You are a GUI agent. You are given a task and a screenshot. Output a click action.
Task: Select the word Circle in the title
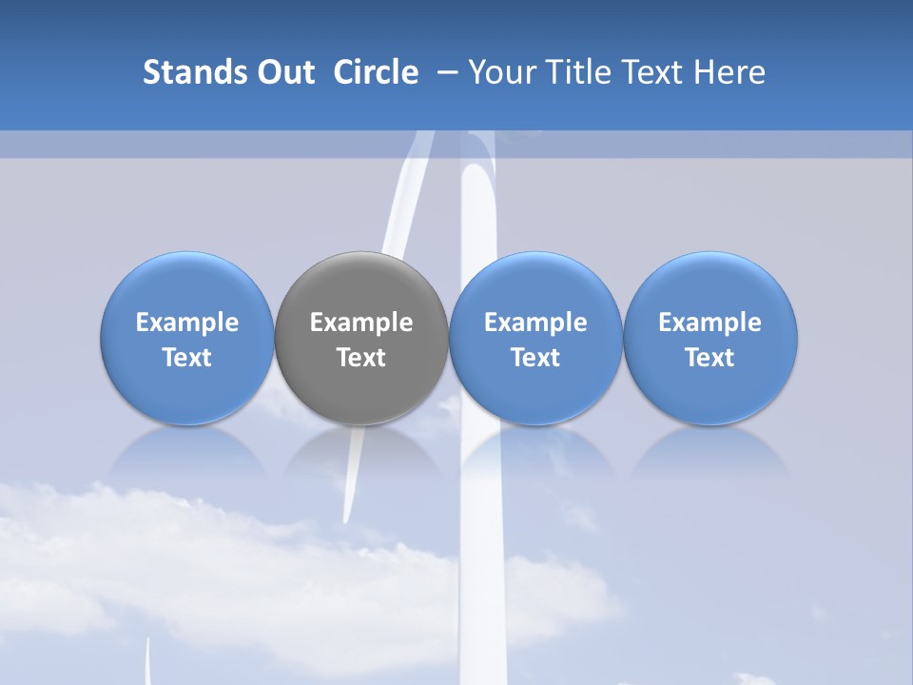(376, 72)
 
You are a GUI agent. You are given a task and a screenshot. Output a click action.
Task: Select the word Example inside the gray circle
(361, 323)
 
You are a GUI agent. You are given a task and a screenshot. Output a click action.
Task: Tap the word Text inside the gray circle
(361, 358)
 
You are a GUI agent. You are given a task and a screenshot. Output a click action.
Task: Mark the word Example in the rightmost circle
(710, 323)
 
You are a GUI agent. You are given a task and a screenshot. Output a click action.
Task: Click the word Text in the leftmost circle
(187, 358)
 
